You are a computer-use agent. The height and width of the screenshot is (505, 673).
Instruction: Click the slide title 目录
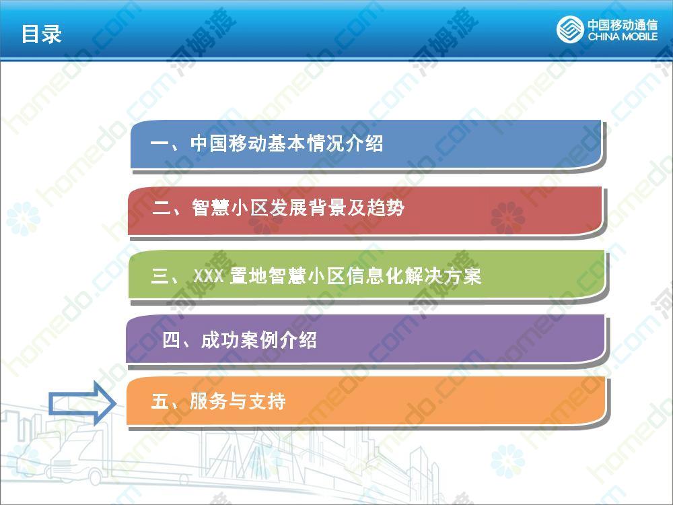pos(42,34)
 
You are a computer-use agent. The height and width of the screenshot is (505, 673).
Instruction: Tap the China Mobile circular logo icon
pos(570,29)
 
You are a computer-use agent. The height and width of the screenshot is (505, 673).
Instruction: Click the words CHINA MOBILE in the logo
pos(623,36)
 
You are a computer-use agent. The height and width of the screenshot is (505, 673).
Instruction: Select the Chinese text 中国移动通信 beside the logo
pos(623,24)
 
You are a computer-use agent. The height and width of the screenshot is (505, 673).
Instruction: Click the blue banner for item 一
pos(367,145)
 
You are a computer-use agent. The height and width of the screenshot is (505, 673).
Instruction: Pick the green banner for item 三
pos(367,275)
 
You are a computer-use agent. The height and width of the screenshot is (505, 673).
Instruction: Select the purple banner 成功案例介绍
pos(366,339)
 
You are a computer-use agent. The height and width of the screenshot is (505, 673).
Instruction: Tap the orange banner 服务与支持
pos(367,401)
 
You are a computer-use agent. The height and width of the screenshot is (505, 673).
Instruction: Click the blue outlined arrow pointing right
pos(82,403)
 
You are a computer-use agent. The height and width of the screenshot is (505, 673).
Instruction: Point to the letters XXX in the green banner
pos(208,276)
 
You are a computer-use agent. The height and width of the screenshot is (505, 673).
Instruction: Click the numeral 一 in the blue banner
pos(160,143)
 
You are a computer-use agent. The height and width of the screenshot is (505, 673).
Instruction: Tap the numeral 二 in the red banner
pos(162,208)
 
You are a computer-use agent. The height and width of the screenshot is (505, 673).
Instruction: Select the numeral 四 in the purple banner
pos(171,340)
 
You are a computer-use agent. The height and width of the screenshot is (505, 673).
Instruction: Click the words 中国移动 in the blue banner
pos(227,143)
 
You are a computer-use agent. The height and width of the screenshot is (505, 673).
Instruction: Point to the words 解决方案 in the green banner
pos(443,276)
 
